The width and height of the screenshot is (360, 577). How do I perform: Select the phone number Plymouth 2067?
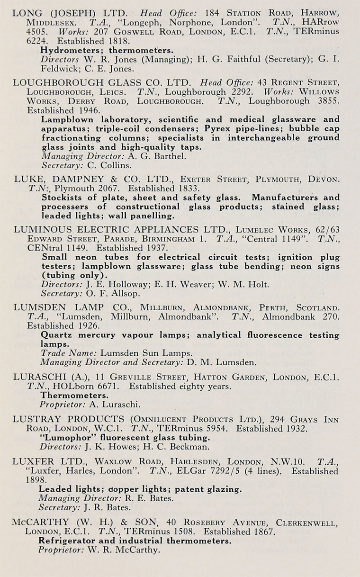click(x=72, y=188)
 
